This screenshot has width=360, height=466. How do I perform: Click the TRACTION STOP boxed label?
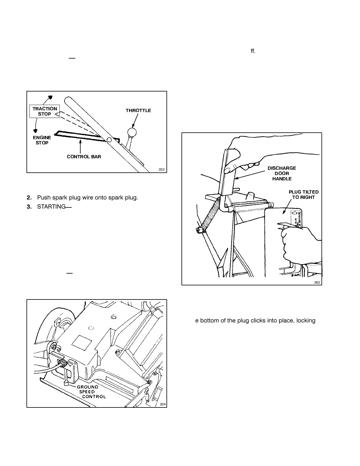45,111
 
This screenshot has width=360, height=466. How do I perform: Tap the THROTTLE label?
138,111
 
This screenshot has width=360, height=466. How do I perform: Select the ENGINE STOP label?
42,140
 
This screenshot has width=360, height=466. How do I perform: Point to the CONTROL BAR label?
84,157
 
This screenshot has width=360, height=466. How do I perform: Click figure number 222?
161,169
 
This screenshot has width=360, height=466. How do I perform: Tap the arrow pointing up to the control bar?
80,147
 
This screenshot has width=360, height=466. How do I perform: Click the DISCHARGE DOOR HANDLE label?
282,173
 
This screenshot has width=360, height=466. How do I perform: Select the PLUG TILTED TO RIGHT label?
304,195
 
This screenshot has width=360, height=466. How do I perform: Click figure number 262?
317,282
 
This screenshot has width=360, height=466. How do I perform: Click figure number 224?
163,404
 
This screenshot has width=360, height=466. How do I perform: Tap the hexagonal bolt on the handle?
109,140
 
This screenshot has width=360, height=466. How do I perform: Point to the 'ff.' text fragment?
253,51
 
